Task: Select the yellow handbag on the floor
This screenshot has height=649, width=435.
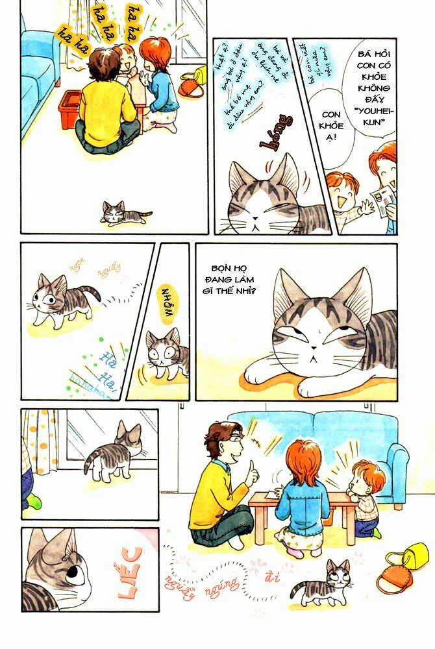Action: [x=407, y=556]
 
